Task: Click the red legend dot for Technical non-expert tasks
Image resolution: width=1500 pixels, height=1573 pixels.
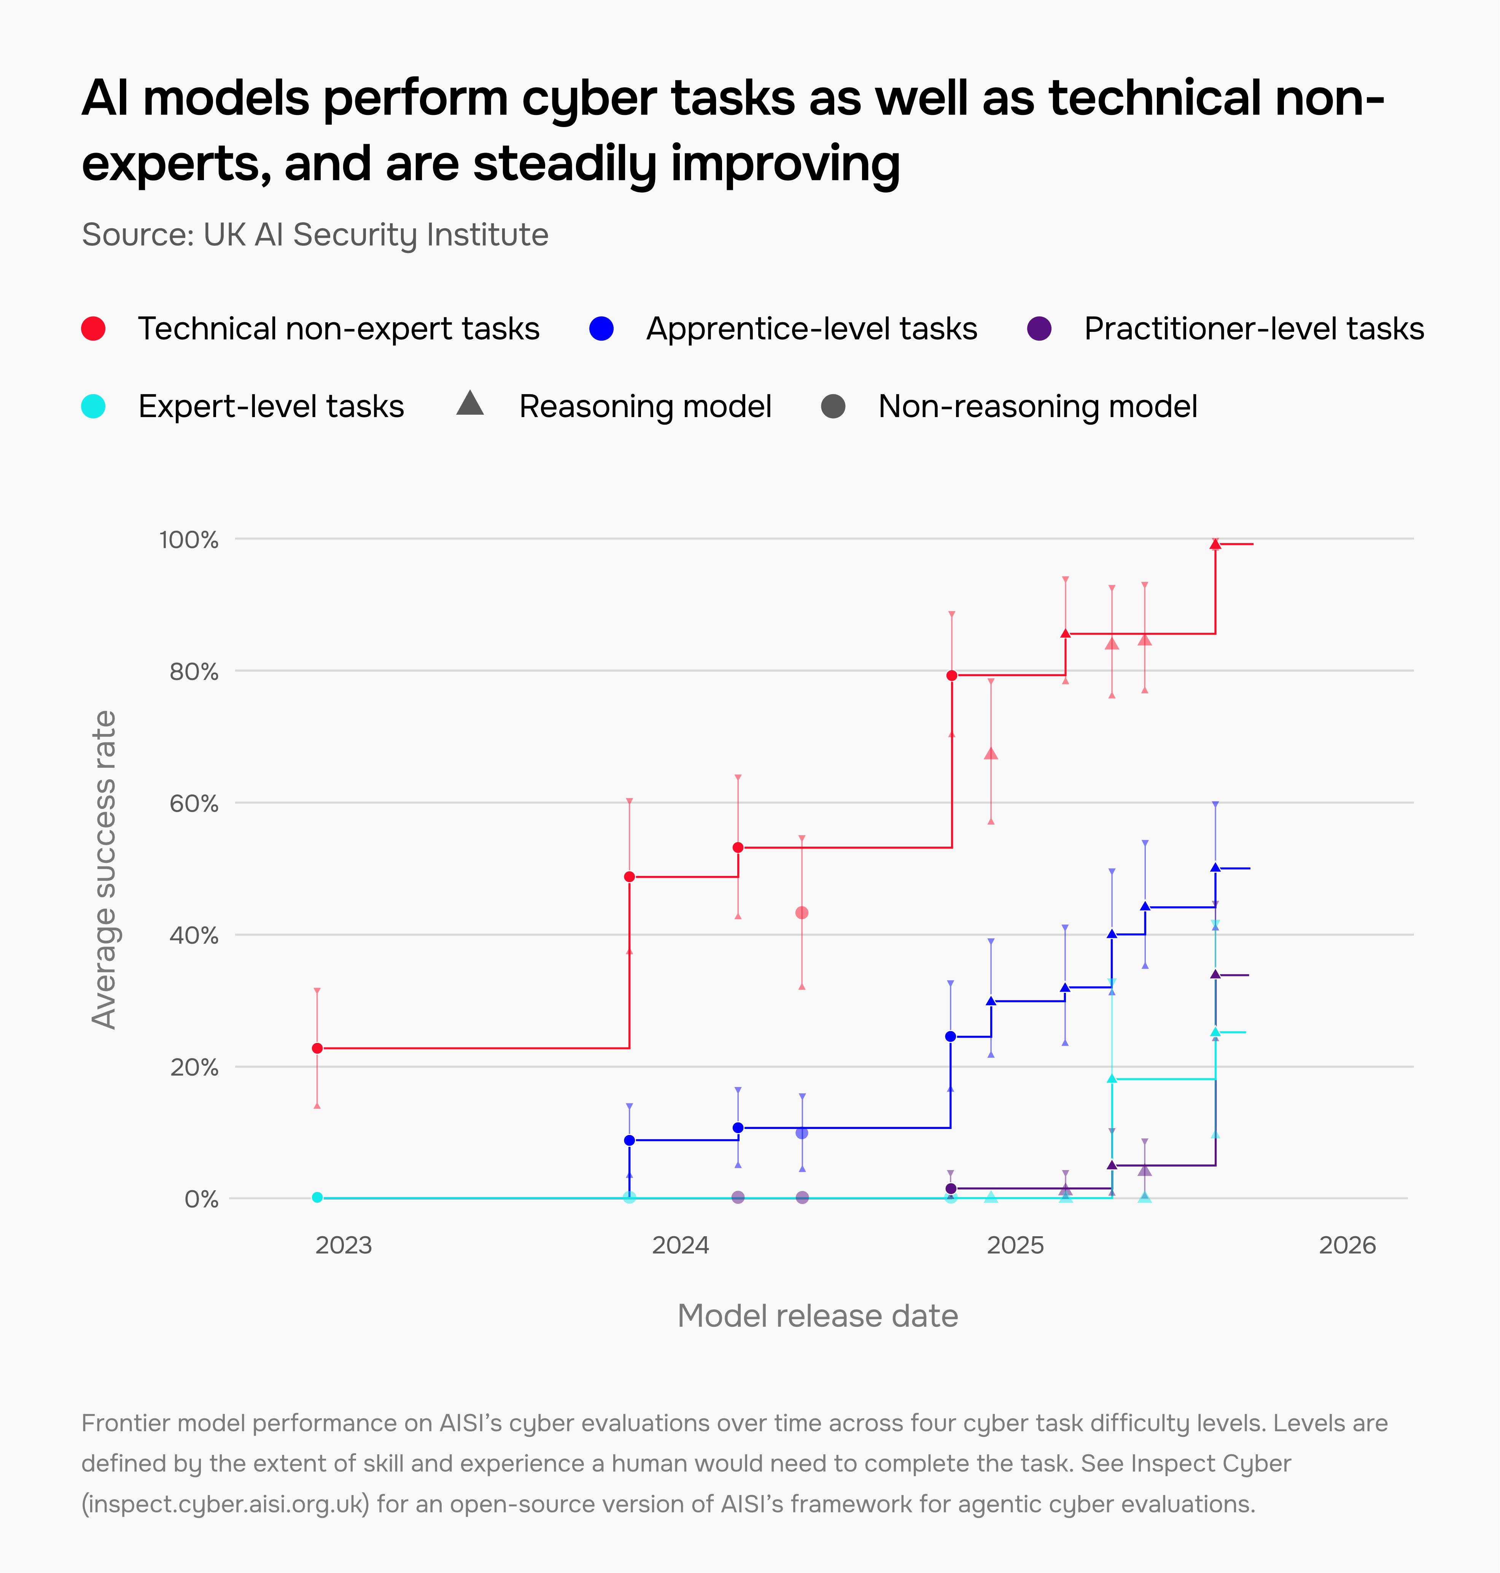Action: [x=94, y=329]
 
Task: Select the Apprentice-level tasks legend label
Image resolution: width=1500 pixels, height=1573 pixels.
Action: [x=811, y=329]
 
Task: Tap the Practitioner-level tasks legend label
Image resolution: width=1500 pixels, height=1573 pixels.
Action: [x=1254, y=329]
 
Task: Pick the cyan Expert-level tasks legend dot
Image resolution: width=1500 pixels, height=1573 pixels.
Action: [x=94, y=406]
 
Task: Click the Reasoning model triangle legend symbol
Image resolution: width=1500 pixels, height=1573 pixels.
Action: [x=470, y=404]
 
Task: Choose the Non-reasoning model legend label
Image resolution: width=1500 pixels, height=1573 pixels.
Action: [x=1038, y=406]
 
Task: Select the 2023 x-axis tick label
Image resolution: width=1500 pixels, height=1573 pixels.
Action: [x=344, y=1245]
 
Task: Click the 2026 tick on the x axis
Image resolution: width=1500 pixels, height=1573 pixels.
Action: [x=1347, y=1245]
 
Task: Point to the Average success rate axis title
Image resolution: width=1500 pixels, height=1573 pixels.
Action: [x=104, y=869]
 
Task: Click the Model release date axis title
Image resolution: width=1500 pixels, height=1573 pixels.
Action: [x=817, y=1315]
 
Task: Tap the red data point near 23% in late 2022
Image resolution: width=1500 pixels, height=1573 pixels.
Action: [x=317, y=1048]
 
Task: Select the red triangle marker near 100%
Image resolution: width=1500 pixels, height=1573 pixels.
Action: [x=1215, y=544]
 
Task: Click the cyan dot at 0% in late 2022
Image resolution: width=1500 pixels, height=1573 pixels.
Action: [x=317, y=1197]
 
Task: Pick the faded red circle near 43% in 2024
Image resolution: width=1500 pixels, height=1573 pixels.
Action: [x=802, y=912]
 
